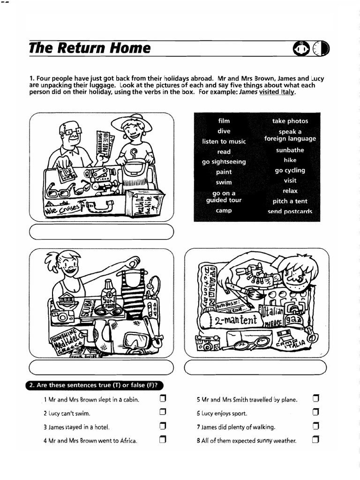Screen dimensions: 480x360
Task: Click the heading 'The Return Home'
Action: pyautogui.click(x=90, y=48)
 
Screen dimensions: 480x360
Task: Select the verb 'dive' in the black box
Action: pyautogui.click(x=224, y=131)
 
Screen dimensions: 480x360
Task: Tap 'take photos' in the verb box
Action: pyautogui.click(x=290, y=121)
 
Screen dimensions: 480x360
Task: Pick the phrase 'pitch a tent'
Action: pyautogui.click(x=290, y=201)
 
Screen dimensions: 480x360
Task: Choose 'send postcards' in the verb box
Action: pyautogui.click(x=290, y=211)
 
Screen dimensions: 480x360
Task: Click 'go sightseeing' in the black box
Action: pyautogui.click(x=224, y=162)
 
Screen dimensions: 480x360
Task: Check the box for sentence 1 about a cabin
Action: pyautogui.click(x=163, y=399)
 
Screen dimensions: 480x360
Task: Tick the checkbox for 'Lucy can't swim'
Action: pyautogui.click(x=163, y=413)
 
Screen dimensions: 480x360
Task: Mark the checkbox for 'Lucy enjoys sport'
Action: pyautogui.click(x=315, y=413)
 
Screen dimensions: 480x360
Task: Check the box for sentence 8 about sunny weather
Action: pyautogui.click(x=315, y=440)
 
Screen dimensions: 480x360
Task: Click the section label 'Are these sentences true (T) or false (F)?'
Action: pyautogui.click(x=93, y=385)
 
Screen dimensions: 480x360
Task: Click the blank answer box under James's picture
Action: pyautogui.click(x=255, y=368)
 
